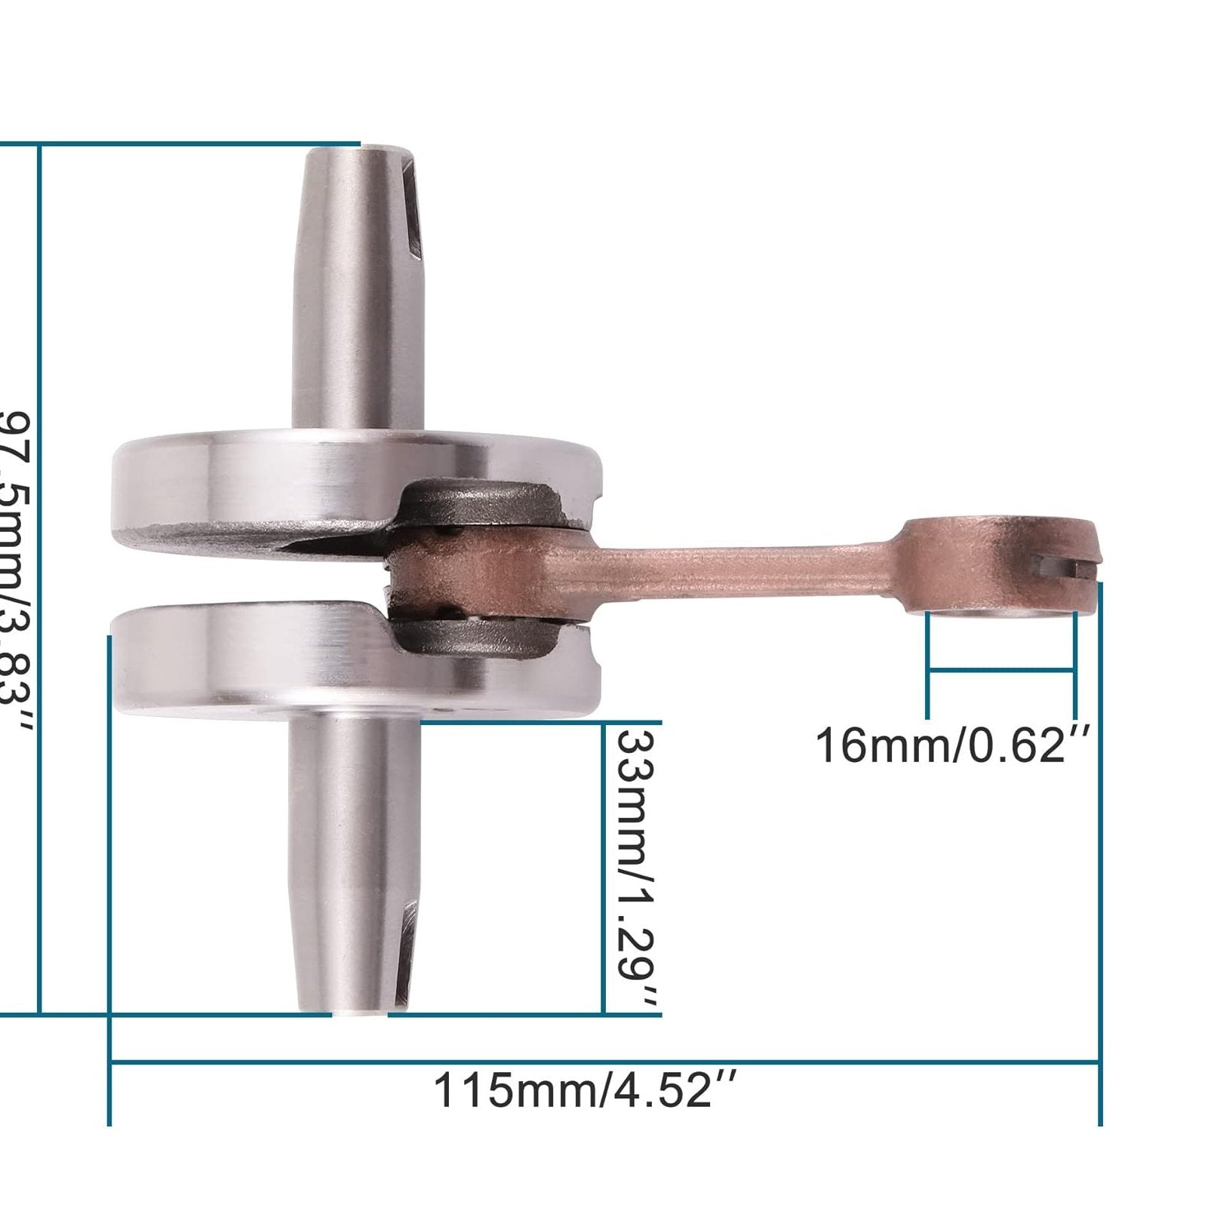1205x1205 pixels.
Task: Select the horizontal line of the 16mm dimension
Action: pos(1001,669)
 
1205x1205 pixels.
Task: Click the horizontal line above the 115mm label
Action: pos(604,1063)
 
